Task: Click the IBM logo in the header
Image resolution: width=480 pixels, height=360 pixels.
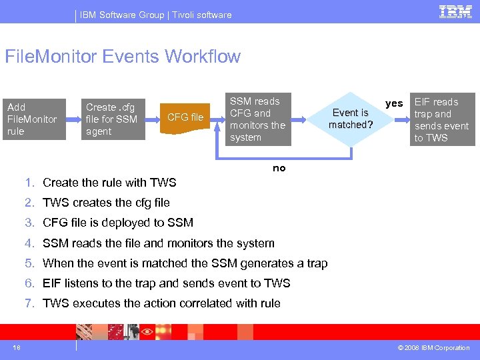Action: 455,11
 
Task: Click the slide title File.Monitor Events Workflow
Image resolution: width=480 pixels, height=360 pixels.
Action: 122,57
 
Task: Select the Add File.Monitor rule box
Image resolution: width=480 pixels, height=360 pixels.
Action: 33,119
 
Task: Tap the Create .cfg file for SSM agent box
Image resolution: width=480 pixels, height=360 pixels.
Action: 114,119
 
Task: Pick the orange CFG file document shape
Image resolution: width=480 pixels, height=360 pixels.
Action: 186,119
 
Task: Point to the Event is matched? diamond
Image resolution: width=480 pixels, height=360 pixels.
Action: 349,119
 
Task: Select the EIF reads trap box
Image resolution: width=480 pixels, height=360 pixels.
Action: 441,120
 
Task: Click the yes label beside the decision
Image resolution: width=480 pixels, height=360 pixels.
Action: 395,103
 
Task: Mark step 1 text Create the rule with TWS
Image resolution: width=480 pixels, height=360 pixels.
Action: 109,183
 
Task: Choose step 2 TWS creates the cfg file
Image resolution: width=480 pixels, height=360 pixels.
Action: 106,203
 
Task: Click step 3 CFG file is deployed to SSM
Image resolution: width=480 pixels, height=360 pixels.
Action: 118,223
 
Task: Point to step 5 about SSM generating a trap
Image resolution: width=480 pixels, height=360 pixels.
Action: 185,263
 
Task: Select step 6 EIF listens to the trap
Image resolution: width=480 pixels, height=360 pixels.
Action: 166,283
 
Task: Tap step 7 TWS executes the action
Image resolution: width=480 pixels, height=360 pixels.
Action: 161,303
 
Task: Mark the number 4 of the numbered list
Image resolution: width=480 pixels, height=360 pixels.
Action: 29,243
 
